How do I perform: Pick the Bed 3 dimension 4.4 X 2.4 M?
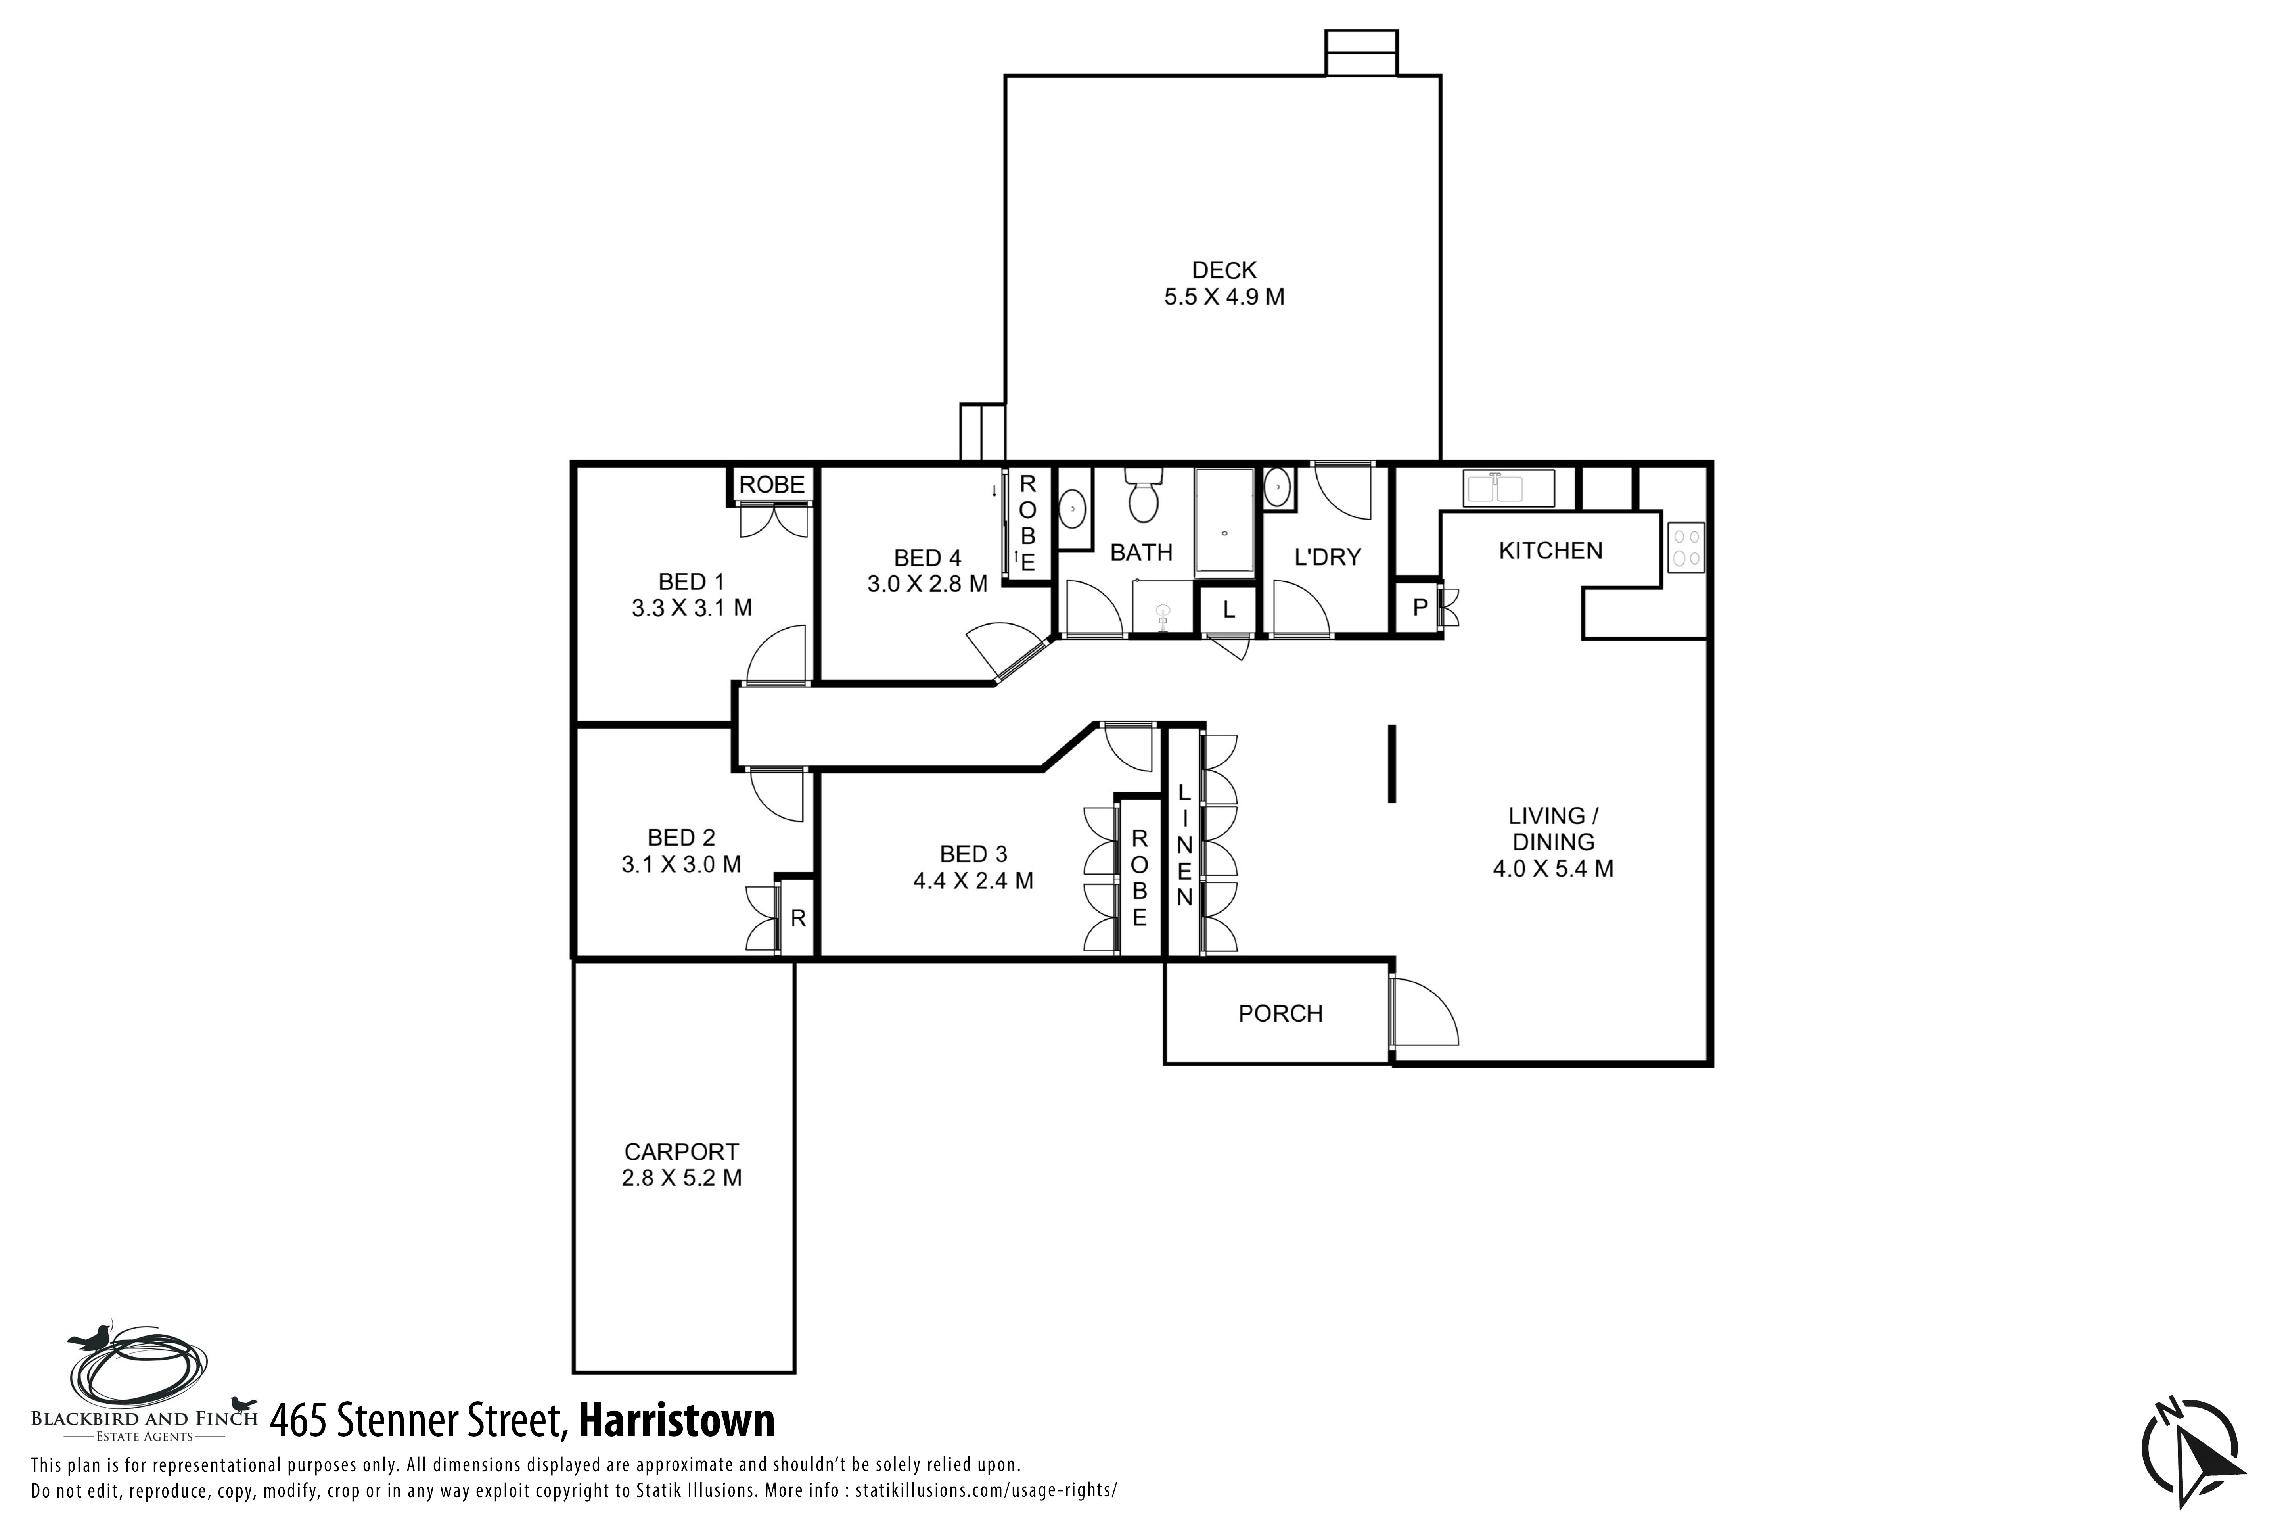(x=973, y=881)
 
